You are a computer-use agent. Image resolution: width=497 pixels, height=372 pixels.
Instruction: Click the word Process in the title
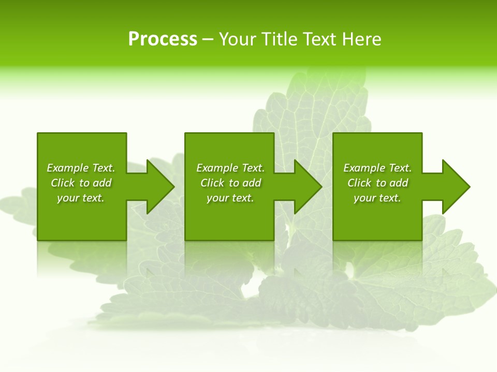click(x=163, y=39)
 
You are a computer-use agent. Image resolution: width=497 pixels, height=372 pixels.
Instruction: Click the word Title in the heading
click(x=279, y=39)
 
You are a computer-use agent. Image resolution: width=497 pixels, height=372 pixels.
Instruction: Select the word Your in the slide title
click(x=238, y=39)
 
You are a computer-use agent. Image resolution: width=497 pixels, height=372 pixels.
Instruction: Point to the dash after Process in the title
click(x=208, y=40)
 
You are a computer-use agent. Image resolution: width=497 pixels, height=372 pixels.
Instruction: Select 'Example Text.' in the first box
click(x=81, y=168)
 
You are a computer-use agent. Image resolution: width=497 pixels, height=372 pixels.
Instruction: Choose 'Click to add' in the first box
click(x=81, y=183)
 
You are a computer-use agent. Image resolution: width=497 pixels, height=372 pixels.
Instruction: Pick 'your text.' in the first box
click(x=81, y=198)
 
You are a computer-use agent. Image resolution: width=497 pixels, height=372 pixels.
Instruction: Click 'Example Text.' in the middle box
click(x=230, y=168)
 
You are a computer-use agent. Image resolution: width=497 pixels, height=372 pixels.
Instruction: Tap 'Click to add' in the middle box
click(x=230, y=183)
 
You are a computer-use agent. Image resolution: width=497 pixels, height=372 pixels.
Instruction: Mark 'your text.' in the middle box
click(x=230, y=198)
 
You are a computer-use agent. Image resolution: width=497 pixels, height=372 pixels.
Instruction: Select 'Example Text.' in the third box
click(x=377, y=168)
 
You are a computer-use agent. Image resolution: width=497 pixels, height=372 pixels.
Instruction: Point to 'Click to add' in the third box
click(x=377, y=183)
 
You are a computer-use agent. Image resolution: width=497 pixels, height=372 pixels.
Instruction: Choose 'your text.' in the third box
click(x=377, y=198)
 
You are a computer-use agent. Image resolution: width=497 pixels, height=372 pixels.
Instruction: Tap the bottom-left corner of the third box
click(x=334, y=239)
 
